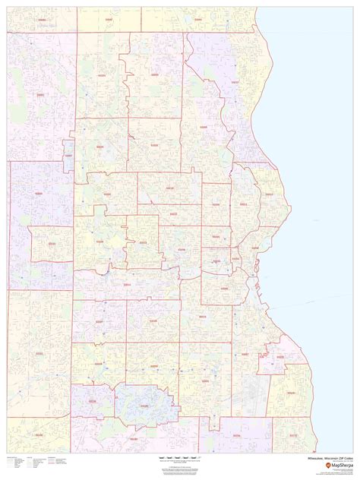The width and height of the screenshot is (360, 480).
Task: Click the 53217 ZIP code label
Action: coord(235,81)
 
